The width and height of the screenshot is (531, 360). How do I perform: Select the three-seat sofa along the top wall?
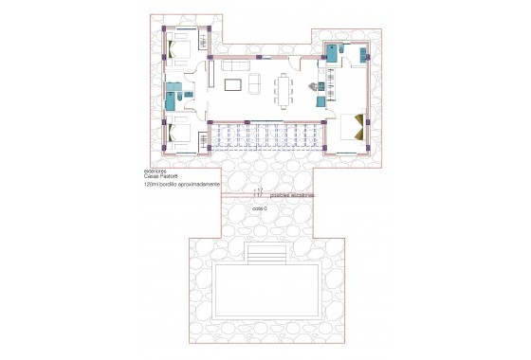[x=234, y=65]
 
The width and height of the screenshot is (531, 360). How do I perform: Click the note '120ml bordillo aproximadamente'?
[x=182, y=186]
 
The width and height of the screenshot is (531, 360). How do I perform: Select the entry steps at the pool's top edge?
[x=265, y=255]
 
